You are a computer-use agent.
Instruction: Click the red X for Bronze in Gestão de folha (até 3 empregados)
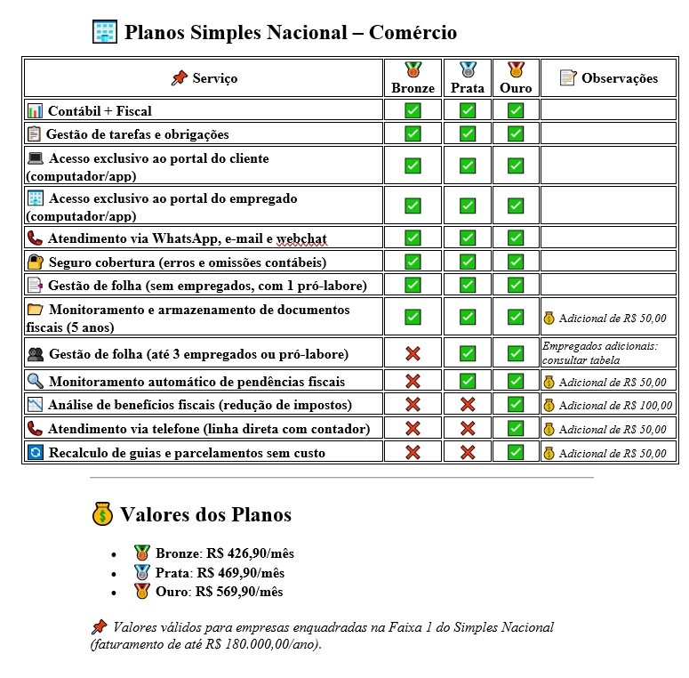(413, 354)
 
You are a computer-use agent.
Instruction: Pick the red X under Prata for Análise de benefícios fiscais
(468, 405)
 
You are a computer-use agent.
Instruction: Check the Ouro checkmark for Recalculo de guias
(516, 452)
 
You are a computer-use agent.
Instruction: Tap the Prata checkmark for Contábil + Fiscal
(468, 110)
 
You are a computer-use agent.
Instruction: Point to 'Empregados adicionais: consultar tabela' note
(599, 353)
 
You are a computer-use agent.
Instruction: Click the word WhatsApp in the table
(180, 238)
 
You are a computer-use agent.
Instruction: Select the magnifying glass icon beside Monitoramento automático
(36, 381)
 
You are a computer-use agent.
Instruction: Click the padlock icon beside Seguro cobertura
(36, 262)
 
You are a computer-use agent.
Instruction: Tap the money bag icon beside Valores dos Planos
(102, 514)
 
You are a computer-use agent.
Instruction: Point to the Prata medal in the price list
(140, 572)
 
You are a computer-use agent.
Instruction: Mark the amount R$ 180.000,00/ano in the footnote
(267, 644)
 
